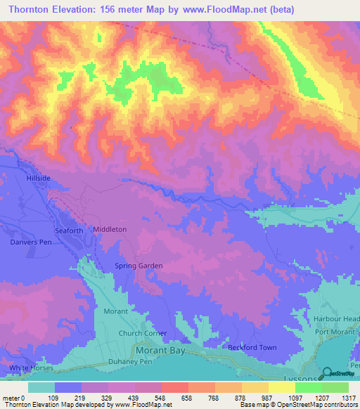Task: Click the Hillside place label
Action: pyautogui.click(x=39, y=178)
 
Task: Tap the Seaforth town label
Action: pyautogui.click(x=68, y=230)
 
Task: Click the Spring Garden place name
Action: pyautogui.click(x=139, y=266)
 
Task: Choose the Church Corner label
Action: pyautogui.click(x=142, y=333)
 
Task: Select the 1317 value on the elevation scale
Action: pyautogui.click(x=347, y=398)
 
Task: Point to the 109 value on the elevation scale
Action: pyautogui.click(x=53, y=398)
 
